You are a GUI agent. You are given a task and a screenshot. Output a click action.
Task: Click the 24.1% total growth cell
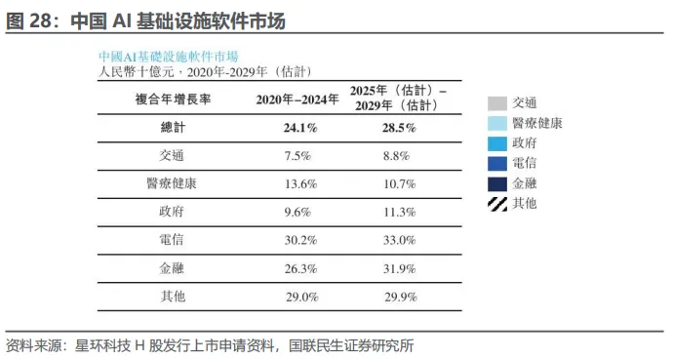[x=300, y=128]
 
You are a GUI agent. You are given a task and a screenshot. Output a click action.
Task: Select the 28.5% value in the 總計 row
[x=399, y=128]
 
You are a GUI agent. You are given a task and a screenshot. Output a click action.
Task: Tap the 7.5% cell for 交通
[x=297, y=156]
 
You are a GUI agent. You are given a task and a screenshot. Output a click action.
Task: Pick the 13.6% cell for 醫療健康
[x=300, y=184]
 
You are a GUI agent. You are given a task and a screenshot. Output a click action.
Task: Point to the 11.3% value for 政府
[x=399, y=212]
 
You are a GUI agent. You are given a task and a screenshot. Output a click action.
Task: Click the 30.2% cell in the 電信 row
[x=300, y=240]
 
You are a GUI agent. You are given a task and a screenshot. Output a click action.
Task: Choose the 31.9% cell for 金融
[x=399, y=268]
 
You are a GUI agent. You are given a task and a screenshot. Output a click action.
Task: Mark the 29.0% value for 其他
[x=302, y=297]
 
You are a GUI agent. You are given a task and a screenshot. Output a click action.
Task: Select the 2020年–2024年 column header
[x=297, y=100]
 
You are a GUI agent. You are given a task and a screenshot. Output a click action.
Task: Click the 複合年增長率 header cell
[x=173, y=100]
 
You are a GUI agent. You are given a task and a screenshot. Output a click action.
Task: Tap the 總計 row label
[x=173, y=128]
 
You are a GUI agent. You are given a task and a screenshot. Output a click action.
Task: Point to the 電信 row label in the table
[x=172, y=239]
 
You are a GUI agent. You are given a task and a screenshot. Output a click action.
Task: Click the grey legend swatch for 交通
[x=497, y=103]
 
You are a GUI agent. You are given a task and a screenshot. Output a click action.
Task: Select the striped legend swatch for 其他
[x=497, y=204]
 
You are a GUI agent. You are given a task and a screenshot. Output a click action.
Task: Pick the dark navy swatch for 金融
[x=497, y=184]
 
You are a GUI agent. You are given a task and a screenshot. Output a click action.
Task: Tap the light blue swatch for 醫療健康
[x=497, y=124]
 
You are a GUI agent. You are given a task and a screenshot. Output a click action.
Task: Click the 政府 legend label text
[x=524, y=143]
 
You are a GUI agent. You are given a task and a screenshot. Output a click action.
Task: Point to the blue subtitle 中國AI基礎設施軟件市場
[x=168, y=57]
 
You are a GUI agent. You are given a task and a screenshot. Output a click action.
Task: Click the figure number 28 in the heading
[x=40, y=21]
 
